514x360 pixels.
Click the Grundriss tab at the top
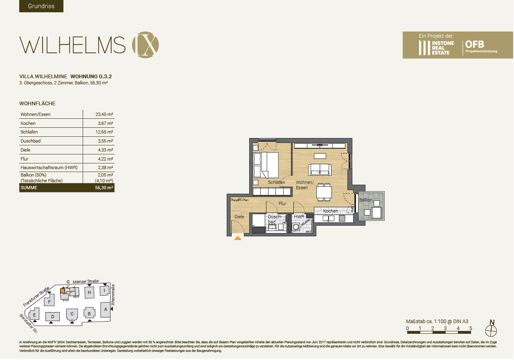pyautogui.click(x=41, y=6)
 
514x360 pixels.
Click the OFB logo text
pyautogui.click(x=475, y=44)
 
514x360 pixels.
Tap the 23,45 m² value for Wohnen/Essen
pyautogui.click(x=104, y=114)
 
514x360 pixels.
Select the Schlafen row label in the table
pyautogui.click(x=29, y=132)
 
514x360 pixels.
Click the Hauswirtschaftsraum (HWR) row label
pyautogui.click(x=49, y=168)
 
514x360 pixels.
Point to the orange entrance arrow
pyautogui.click(x=237, y=237)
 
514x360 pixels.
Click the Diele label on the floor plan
pyautogui.click(x=239, y=217)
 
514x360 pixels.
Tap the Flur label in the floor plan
pyautogui.click(x=282, y=203)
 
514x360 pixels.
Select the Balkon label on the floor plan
pyautogui.click(x=366, y=200)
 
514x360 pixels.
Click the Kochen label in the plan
pyautogui.click(x=330, y=211)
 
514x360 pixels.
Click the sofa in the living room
pyautogui.click(x=320, y=169)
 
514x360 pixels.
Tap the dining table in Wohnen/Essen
pyautogui.click(x=324, y=192)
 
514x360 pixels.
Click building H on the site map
pyautogui.click(x=89, y=292)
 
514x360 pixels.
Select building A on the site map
pyautogui.click(x=106, y=309)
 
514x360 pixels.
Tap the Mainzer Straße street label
pyautogui.click(x=86, y=281)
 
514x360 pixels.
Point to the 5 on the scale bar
pyautogui.click(x=471, y=328)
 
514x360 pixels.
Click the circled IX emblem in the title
pyautogui.click(x=145, y=44)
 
